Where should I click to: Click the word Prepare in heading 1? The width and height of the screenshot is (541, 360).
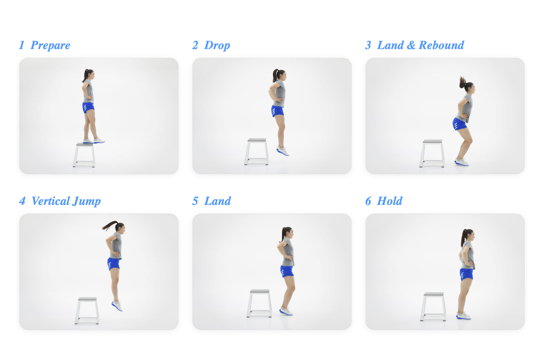coord(50,46)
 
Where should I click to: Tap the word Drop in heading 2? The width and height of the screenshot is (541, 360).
coord(217,46)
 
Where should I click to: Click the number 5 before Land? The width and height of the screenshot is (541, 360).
coord(195,201)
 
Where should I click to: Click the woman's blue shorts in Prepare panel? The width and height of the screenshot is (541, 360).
coord(88,107)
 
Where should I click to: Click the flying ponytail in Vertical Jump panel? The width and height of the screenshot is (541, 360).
coord(109,225)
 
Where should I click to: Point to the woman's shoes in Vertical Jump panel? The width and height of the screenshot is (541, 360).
coord(117,306)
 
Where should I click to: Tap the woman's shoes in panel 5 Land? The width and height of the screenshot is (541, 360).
coord(286,311)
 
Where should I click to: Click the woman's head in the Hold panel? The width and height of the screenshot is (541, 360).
coord(468,235)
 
